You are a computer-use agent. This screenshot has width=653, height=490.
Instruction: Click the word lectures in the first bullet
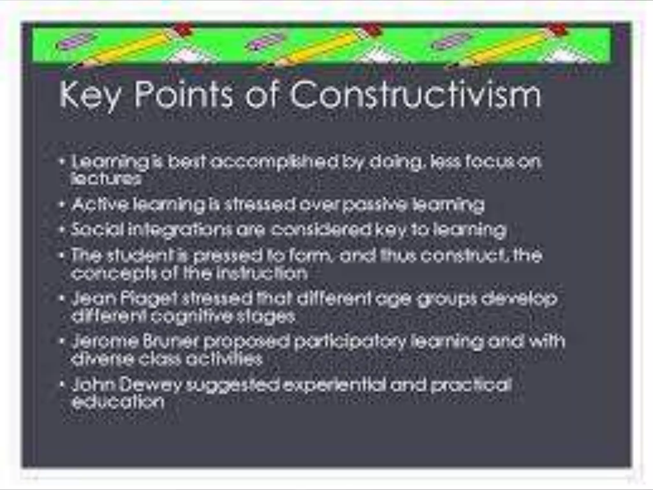pyautogui.click(x=106, y=179)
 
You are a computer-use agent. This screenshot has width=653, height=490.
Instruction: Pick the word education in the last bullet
pyautogui.click(x=118, y=402)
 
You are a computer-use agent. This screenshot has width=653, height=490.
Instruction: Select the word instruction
pyautogui.click(x=261, y=273)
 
